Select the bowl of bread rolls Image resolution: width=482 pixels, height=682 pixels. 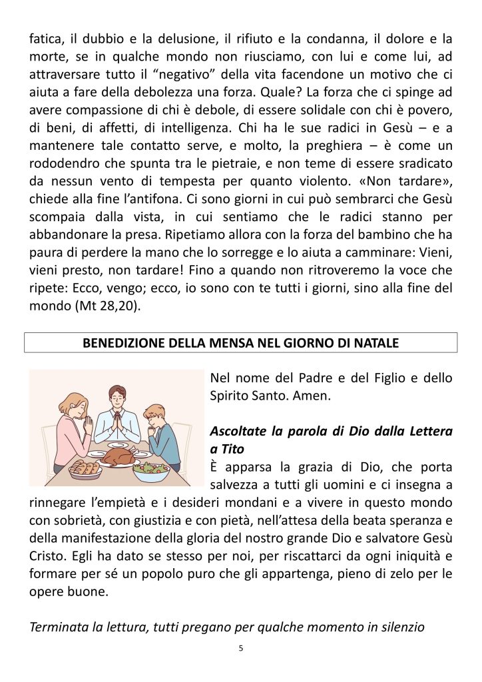click(x=85, y=468)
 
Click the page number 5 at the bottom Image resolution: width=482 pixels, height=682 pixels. click(x=240, y=647)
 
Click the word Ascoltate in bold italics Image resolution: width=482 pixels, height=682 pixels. click(x=238, y=432)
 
